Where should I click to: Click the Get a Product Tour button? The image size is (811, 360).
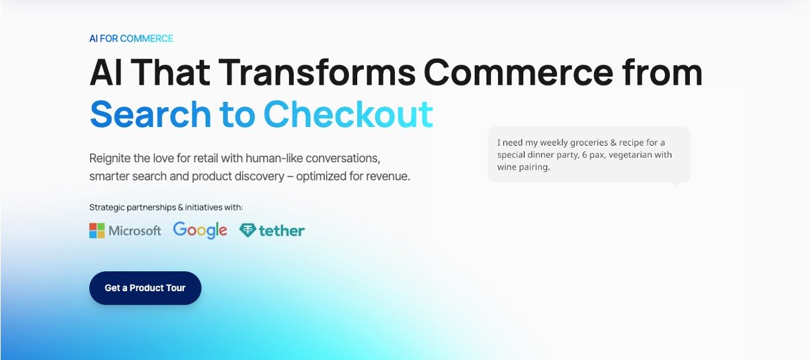145,288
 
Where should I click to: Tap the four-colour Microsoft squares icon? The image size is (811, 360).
97,231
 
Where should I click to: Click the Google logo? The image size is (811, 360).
200,230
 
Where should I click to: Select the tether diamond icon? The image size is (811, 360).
248,230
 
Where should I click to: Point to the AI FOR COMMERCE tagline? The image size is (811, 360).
132,38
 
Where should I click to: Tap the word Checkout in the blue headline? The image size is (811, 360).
349,114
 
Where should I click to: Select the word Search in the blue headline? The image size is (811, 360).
150,114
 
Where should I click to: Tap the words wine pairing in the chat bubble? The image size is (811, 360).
523,167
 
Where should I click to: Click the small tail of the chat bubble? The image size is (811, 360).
676,185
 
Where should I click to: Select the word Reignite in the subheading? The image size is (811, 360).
110,159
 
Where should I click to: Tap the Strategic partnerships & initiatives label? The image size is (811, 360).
166,207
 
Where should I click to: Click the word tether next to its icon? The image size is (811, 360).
282,231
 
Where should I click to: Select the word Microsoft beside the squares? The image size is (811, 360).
135,231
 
